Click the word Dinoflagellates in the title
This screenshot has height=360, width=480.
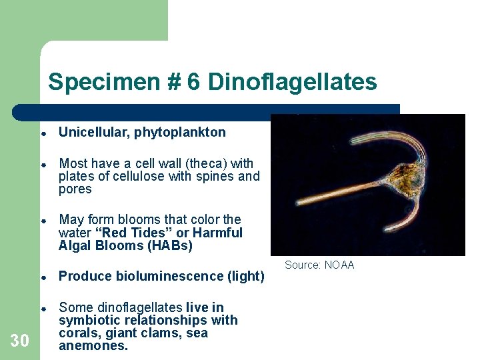pos(292,82)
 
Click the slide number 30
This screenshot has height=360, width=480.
pos(20,341)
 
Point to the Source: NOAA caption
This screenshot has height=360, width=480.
pos(319,265)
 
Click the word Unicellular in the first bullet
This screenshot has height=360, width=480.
pos(94,132)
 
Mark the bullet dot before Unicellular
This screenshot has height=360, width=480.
pos(42,133)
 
